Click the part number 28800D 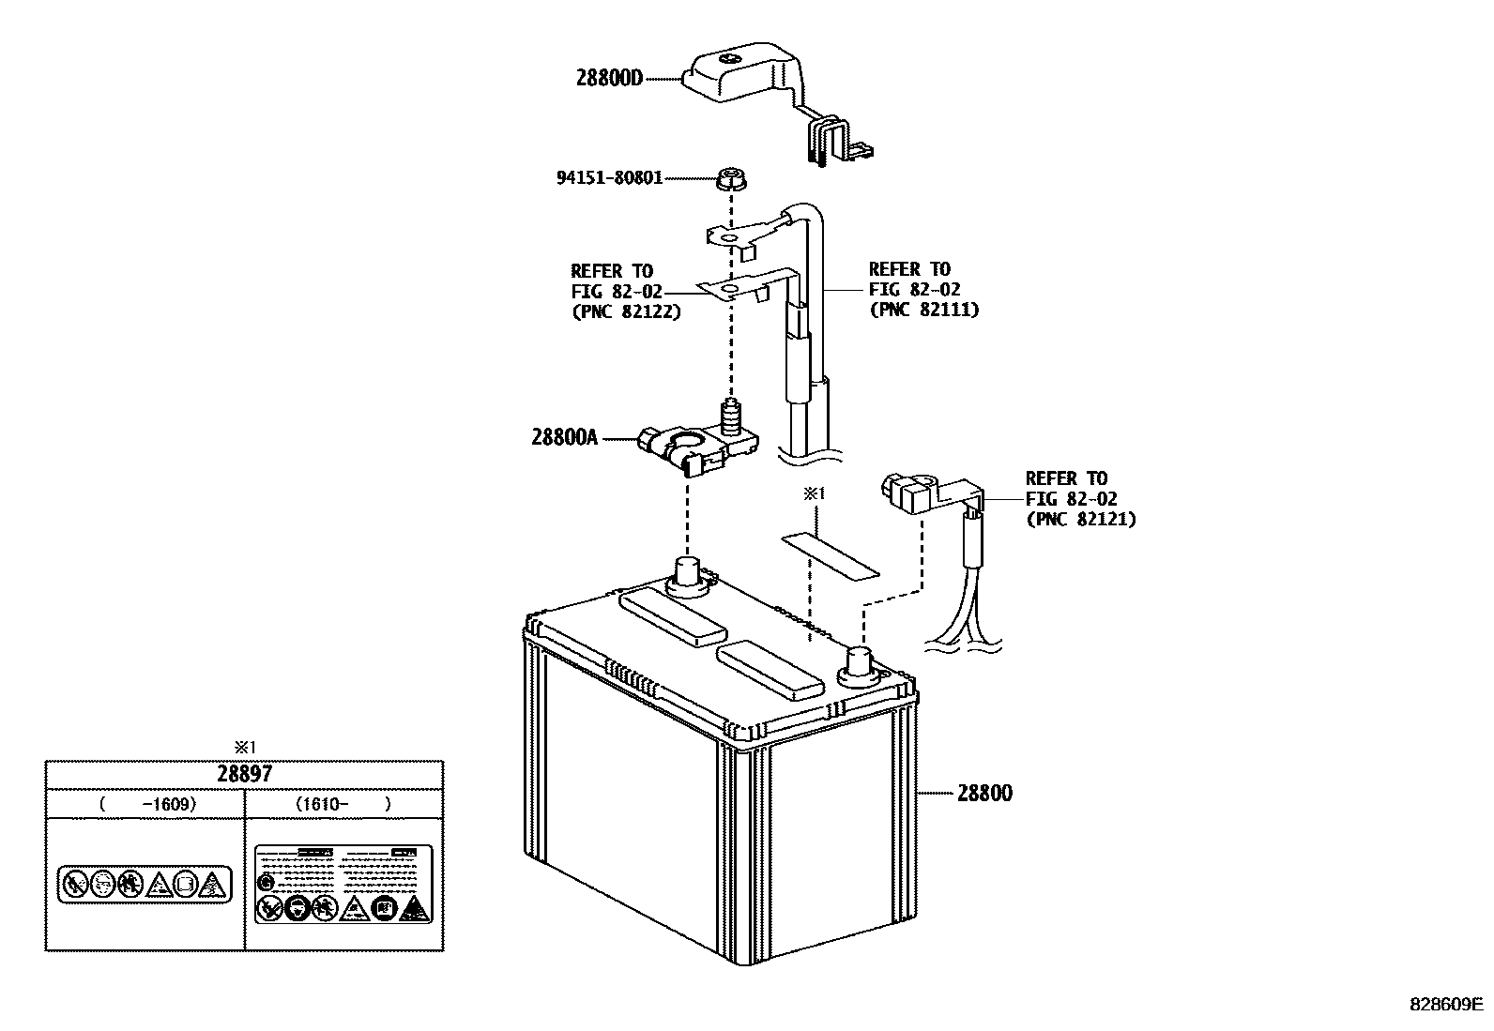[609, 79]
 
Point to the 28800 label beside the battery [984, 793]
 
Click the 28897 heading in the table [244, 774]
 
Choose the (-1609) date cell [145, 803]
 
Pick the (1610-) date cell [343, 803]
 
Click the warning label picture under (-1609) [145, 884]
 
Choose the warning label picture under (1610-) [343, 883]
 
